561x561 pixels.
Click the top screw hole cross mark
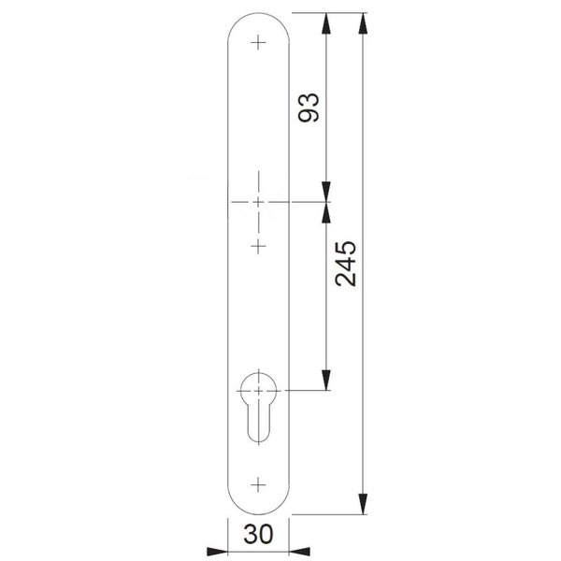[259, 40]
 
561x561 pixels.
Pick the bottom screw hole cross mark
[259, 484]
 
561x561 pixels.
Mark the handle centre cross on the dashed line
[259, 203]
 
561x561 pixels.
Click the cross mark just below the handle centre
[259, 245]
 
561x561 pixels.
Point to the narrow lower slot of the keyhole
[259, 425]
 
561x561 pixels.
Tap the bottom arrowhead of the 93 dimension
[326, 194]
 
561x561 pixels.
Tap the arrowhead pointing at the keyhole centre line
[326, 381]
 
